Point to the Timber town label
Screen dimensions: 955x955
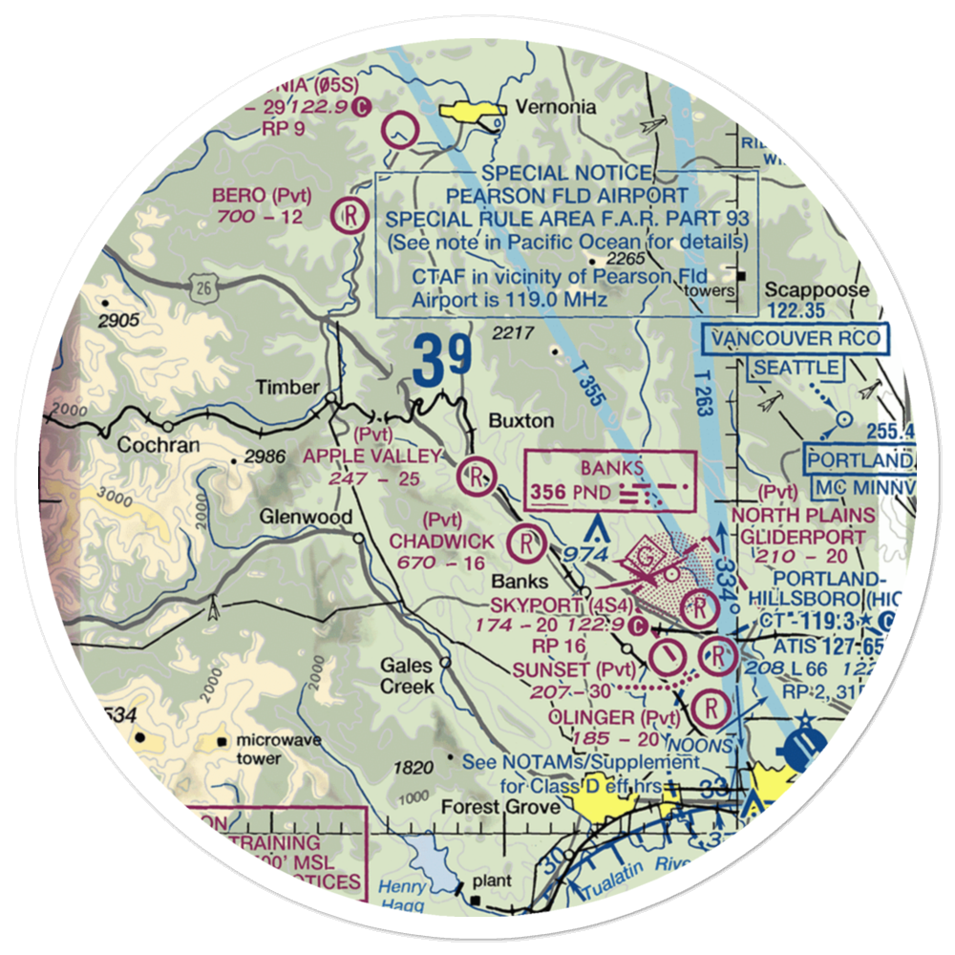pos(286,388)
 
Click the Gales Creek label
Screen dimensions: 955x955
pos(408,676)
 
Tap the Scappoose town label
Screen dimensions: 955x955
pos(823,290)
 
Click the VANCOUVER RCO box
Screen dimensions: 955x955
pos(794,337)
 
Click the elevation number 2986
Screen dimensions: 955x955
pos(265,457)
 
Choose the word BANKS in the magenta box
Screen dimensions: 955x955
pos(611,469)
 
